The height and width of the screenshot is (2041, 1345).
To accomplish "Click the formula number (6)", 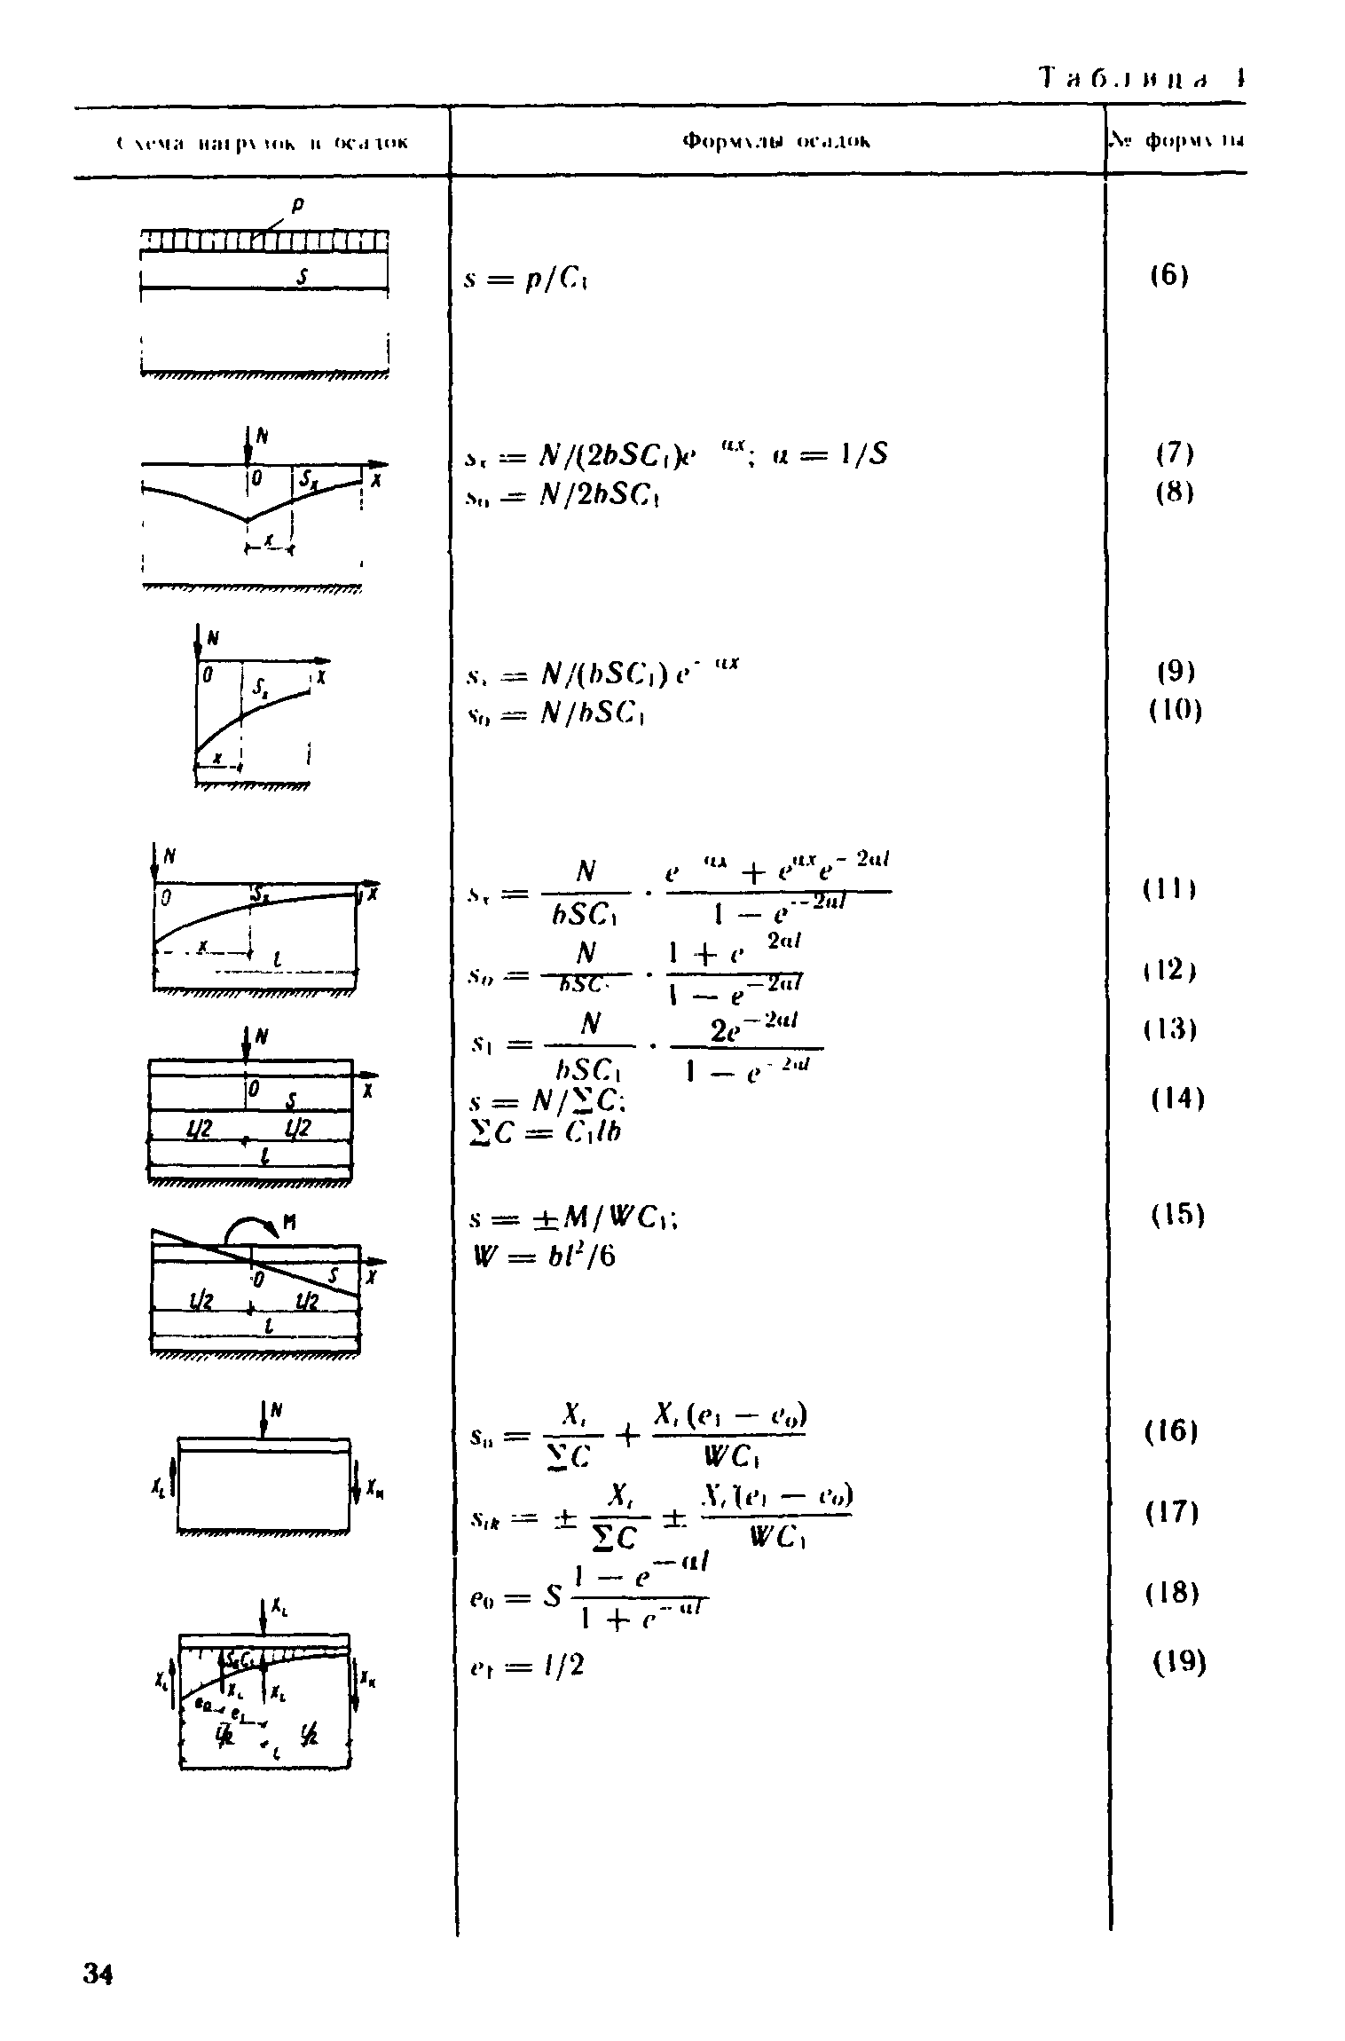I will click(1170, 276).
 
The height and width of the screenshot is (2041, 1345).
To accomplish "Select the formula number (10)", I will click(1176, 711).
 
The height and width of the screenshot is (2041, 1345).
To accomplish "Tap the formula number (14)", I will click(1177, 1099).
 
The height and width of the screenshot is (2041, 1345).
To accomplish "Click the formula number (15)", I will click(1177, 1215).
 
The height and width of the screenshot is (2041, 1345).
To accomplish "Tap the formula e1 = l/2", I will click(526, 1666).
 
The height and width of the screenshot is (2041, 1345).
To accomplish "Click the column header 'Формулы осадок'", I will click(777, 141).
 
